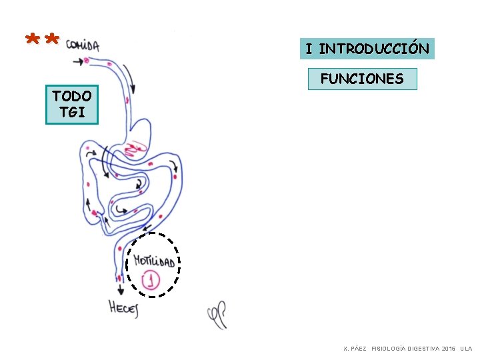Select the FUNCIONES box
point(362,79)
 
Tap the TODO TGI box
point(72,105)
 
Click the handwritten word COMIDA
point(83,45)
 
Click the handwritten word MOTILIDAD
point(154,260)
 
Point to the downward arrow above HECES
point(121,289)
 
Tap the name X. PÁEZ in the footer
point(355,349)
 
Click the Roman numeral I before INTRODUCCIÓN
point(309,49)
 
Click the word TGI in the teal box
point(72,112)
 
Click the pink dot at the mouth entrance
point(87,61)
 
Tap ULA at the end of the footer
point(465,349)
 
